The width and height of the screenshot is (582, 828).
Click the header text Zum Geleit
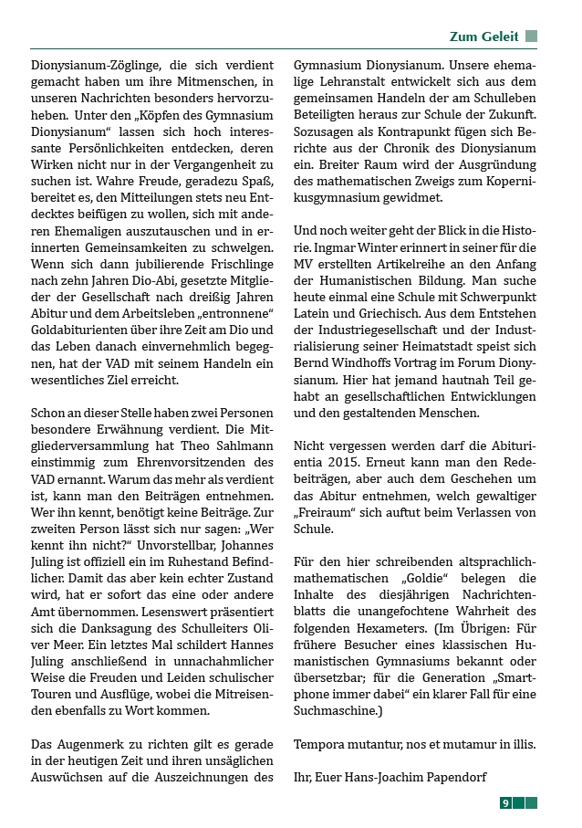483,37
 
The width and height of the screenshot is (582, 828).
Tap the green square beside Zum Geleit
531,37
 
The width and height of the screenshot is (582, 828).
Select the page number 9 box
505,802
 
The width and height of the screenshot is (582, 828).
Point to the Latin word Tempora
321,743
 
